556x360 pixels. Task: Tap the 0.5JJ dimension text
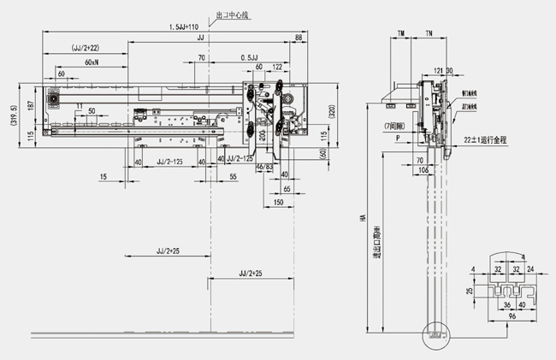[251, 57]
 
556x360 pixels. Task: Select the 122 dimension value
[278, 66]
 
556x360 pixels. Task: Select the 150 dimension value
[279, 203]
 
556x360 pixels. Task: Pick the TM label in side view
[400, 32]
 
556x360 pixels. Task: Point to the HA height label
[364, 218]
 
